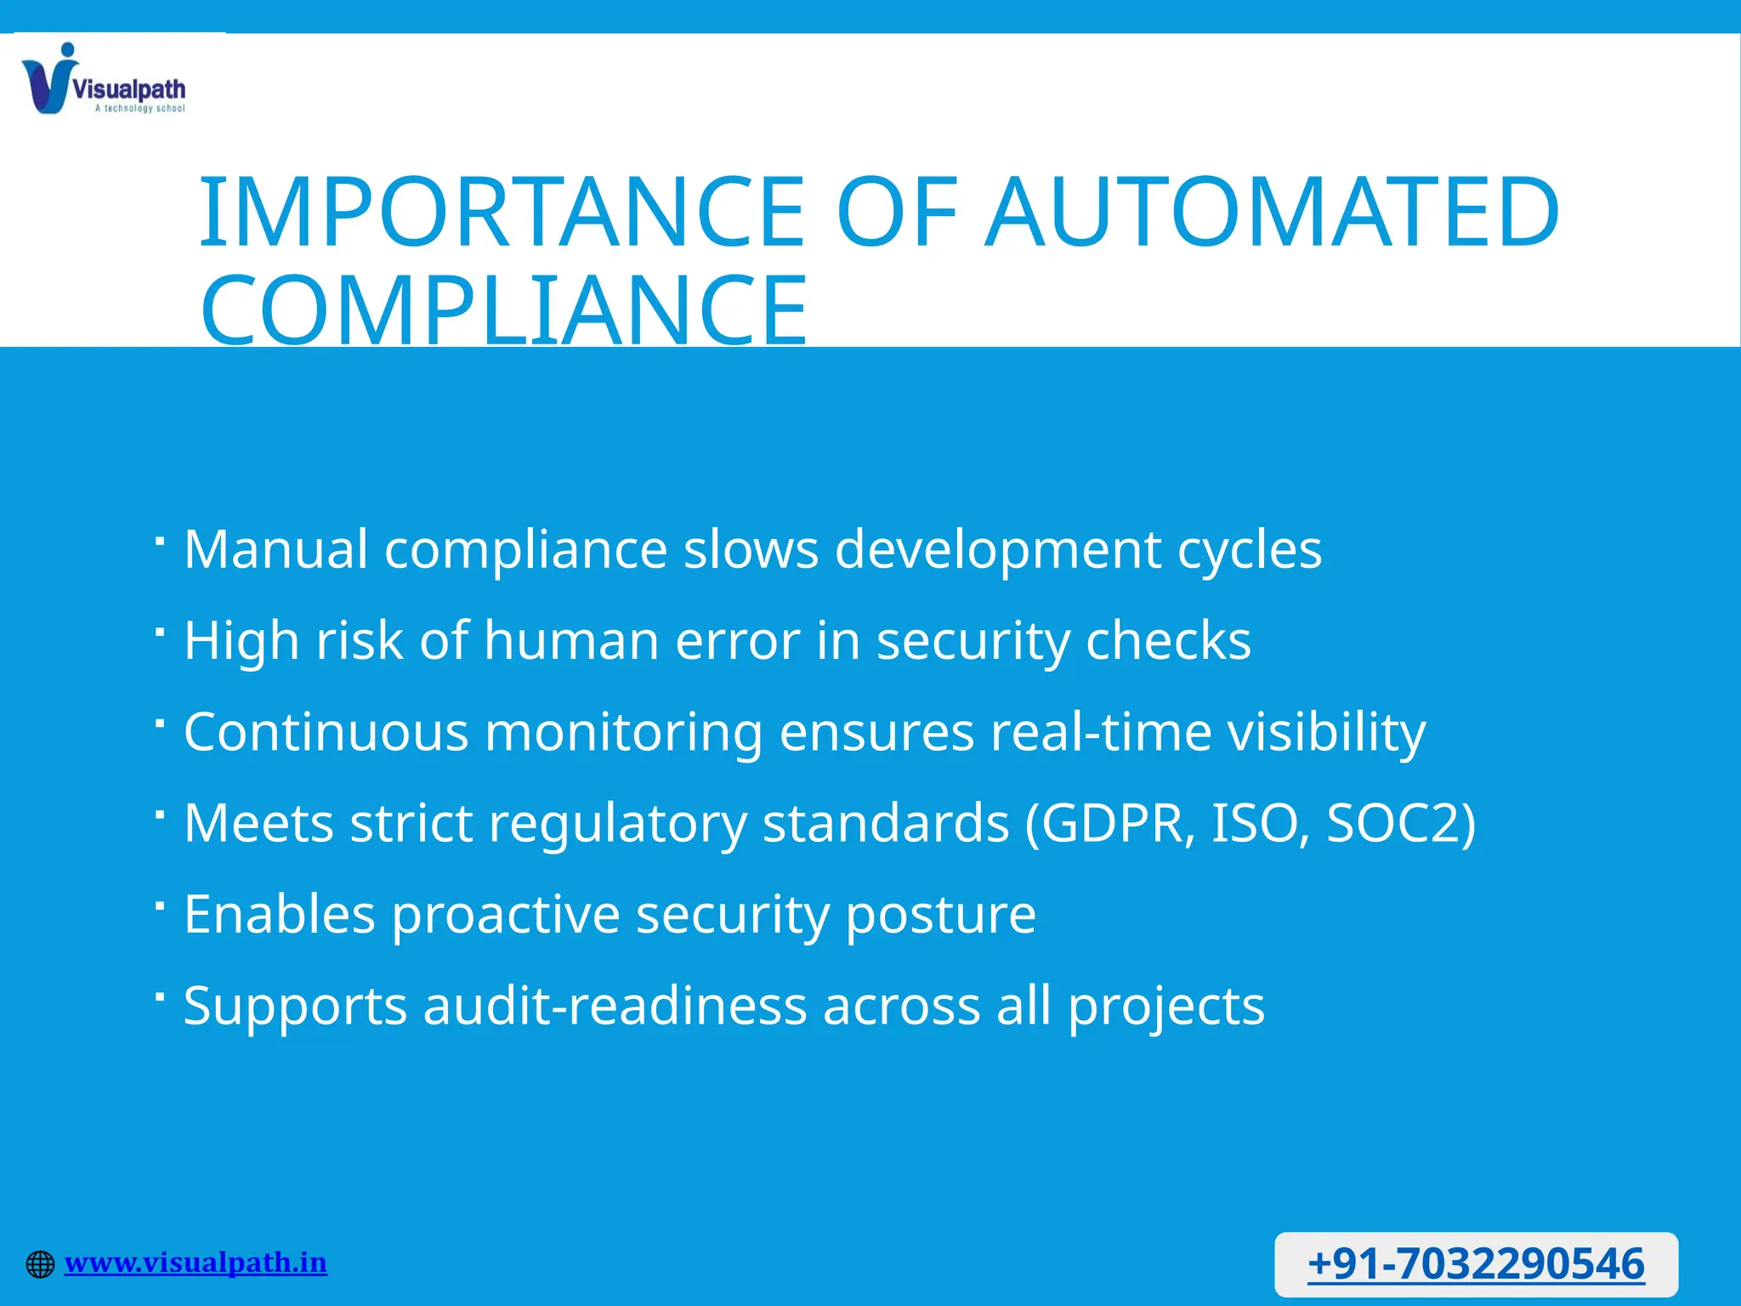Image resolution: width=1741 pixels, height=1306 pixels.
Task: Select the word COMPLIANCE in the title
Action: (503, 309)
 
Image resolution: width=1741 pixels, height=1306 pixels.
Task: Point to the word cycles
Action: (1249, 548)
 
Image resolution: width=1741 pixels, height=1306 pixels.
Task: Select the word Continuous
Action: (326, 731)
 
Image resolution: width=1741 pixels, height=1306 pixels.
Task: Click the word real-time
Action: (1101, 731)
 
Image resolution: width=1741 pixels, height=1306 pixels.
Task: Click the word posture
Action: (940, 915)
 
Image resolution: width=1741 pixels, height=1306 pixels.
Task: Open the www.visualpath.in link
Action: (196, 1263)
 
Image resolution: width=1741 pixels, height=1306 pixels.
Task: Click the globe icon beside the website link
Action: (40, 1264)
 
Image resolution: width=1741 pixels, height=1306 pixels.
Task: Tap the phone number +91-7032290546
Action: (1476, 1263)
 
